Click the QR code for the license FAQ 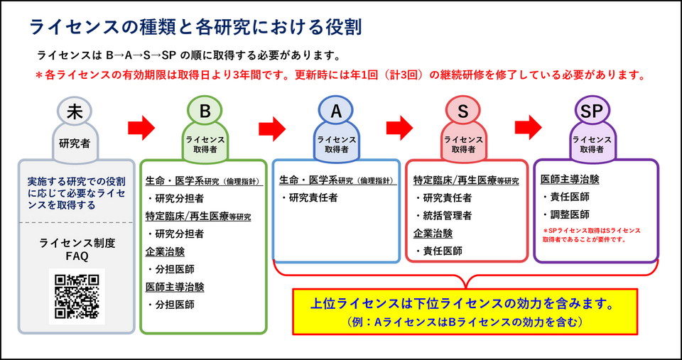coord(77,297)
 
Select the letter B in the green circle coord(205,111)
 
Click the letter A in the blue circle coord(336,111)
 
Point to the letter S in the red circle coord(463,111)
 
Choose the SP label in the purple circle coord(592,111)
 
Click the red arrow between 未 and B coord(141,127)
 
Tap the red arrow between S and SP coord(529,127)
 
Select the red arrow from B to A coord(272,127)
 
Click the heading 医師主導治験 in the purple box coord(569,179)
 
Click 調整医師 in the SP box coord(570,214)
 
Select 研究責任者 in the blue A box coord(313,198)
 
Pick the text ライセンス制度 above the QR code coord(77,244)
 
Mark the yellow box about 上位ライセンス coord(465,312)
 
